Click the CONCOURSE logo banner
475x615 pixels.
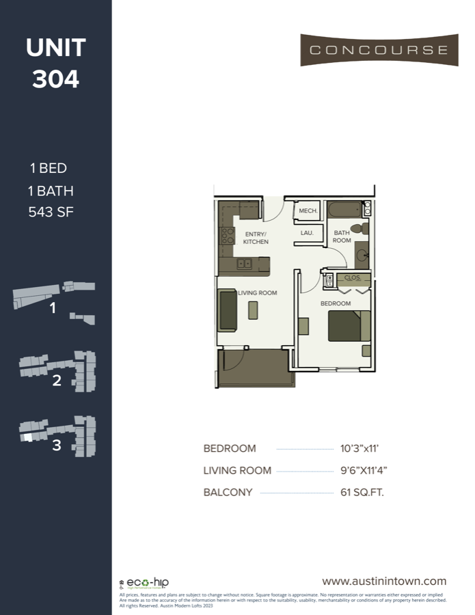[379, 50]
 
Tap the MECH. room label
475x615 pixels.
[308, 211]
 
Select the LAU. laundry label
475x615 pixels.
[308, 233]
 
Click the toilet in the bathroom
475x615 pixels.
[357, 229]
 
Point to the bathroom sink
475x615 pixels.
[362, 256]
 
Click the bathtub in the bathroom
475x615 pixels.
[345, 208]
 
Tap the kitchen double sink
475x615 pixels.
[243, 264]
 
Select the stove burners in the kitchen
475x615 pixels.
[228, 236]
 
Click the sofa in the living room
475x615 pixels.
[227, 310]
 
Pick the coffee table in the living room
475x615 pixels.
[254, 311]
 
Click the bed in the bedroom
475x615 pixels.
[349, 326]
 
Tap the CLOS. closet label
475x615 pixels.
[352, 278]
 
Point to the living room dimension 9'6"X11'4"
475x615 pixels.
[369, 470]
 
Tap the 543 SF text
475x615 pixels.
[51, 212]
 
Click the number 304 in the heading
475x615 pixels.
[56, 79]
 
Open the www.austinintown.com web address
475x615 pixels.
[384, 581]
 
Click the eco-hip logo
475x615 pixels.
[146, 584]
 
